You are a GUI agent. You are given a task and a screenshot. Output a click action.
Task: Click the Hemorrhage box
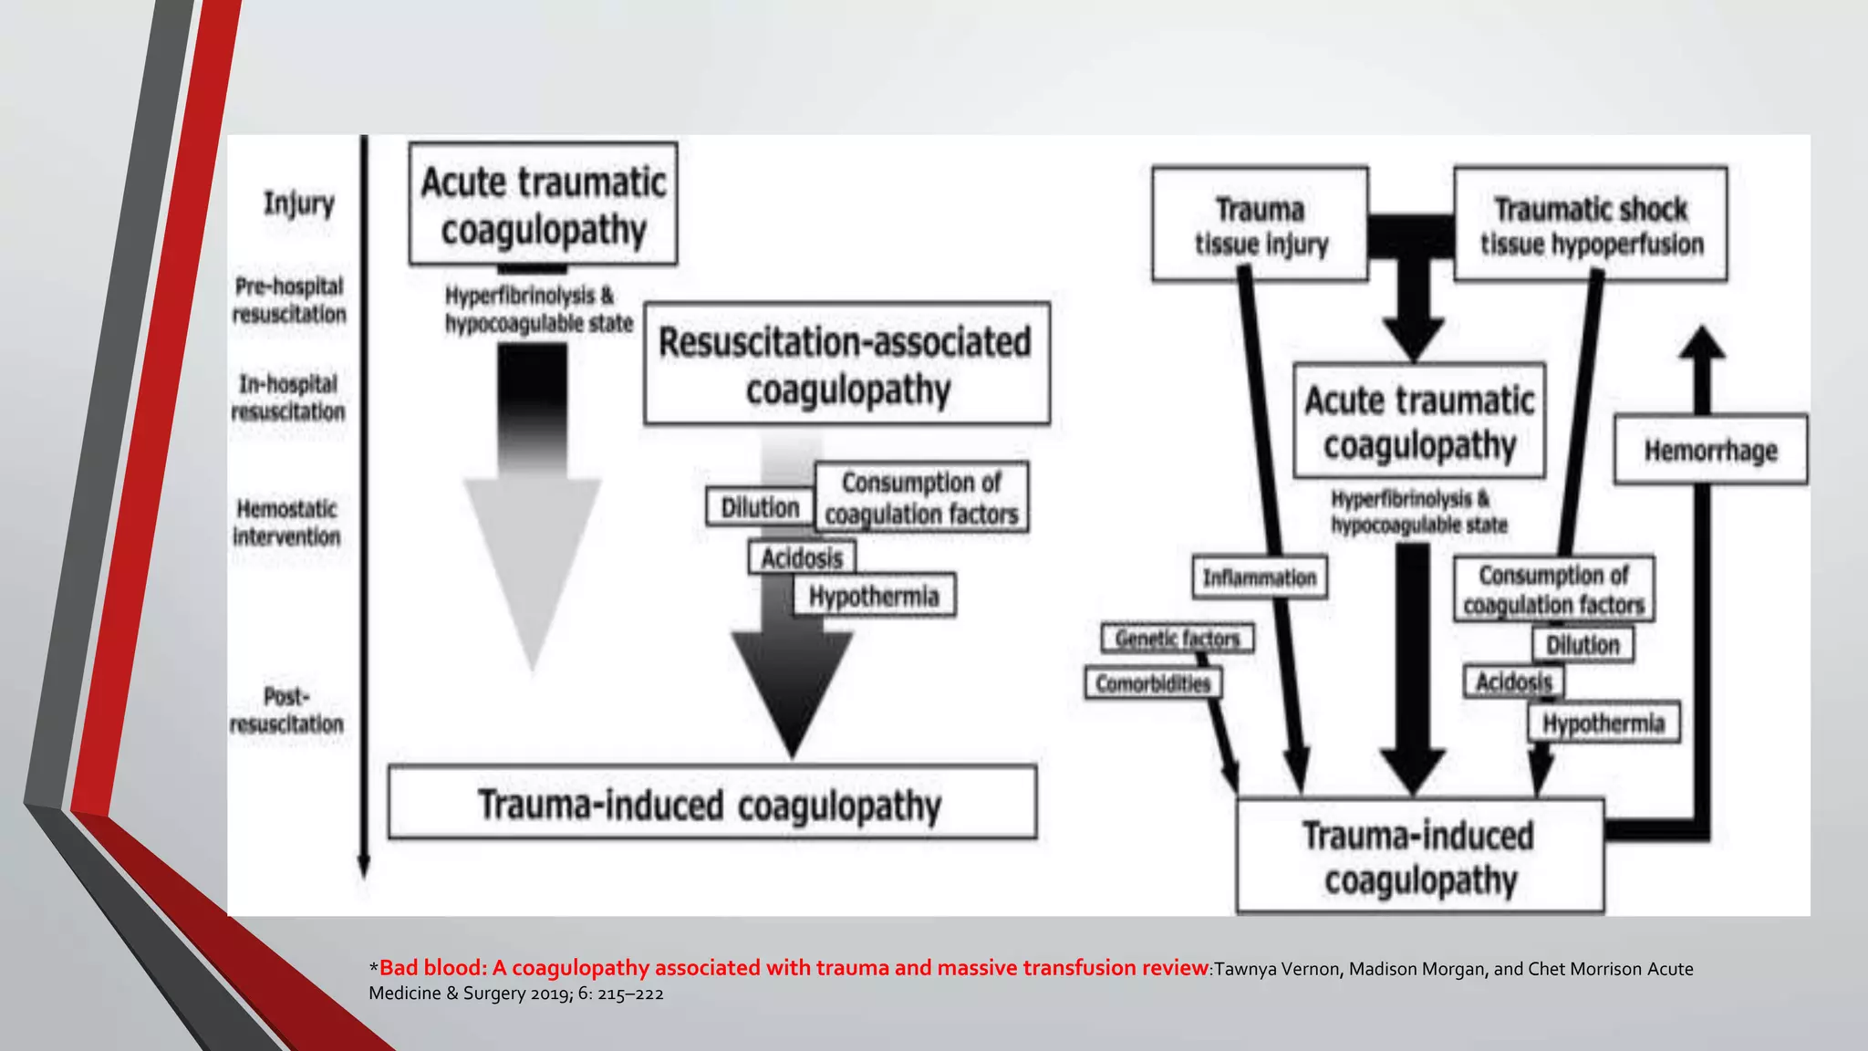1710,450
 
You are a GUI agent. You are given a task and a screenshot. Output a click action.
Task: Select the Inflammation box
1259,578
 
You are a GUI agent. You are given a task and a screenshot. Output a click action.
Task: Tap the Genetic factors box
1177,638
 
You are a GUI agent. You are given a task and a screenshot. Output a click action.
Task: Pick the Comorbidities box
1153,683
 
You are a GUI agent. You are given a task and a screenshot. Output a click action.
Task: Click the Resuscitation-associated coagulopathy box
846,364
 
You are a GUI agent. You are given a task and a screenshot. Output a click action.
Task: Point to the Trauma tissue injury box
1261,224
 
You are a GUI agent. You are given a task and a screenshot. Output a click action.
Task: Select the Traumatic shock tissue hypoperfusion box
1591,224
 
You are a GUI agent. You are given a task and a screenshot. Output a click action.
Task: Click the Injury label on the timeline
298,203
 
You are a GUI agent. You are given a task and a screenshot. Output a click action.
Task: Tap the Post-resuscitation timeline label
286,710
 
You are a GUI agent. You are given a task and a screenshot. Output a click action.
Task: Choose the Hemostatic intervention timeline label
286,522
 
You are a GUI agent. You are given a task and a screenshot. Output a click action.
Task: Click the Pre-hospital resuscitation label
289,299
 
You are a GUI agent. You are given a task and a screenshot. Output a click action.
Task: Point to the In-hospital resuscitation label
288,397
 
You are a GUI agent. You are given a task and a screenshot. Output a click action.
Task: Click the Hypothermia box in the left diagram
874,596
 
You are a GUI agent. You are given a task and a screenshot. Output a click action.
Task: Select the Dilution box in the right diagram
1583,644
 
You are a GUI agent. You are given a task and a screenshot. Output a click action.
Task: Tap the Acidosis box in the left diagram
802,557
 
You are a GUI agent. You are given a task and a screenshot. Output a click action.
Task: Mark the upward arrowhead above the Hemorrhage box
1702,345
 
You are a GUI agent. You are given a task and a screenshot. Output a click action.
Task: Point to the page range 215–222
630,994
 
